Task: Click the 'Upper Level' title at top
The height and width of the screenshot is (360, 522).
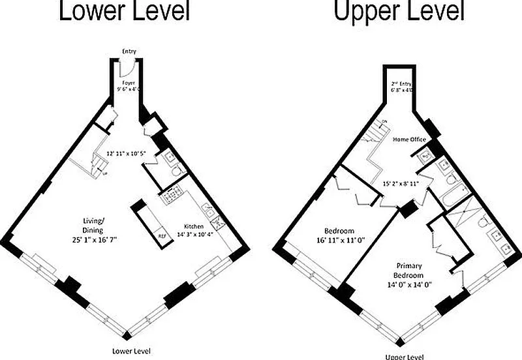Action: pos(399,11)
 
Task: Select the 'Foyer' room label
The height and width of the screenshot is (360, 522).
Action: pos(129,83)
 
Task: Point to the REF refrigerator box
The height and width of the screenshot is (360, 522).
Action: pos(162,235)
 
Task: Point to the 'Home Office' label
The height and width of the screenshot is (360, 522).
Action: pos(409,140)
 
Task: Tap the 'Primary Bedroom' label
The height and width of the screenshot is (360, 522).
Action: pos(412,271)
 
